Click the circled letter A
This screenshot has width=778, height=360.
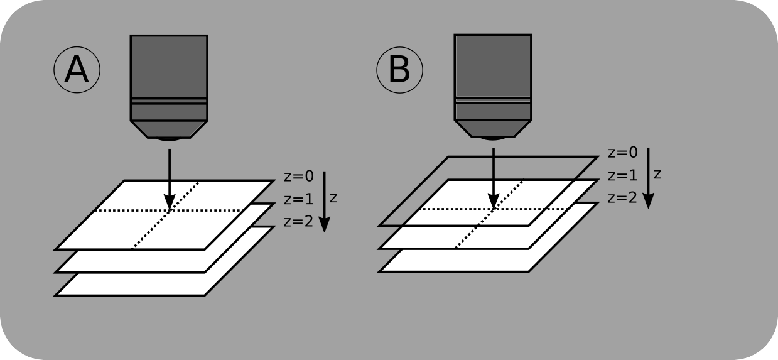(x=77, y=71)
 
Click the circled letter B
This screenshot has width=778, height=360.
(x=399, y=71)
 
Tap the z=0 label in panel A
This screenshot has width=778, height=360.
(x=298, y=177)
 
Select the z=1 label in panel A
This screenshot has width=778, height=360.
(x=298, y=200)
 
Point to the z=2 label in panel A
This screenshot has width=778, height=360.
(x=298, y=222)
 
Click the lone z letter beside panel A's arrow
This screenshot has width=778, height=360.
(x=333, y=198)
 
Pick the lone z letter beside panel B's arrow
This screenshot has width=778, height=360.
(x=657, y=174)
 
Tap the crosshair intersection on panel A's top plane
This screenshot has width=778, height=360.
(x=170, y=210)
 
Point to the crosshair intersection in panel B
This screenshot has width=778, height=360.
(x=494, y=208)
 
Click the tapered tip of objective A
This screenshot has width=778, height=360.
(x=169, y=130)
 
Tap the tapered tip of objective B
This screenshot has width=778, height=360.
(x=493, y=130)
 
